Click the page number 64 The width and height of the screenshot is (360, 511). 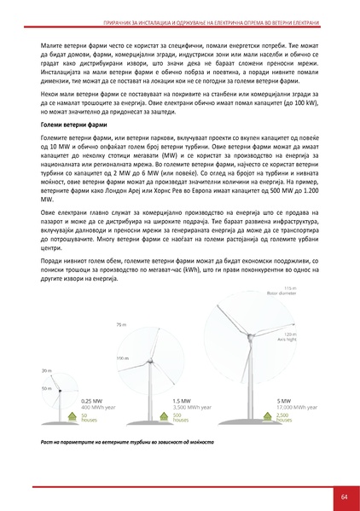point(343,496)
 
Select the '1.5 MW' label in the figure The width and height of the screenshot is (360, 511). point(180,400)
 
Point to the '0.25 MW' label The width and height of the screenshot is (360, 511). point(91,400)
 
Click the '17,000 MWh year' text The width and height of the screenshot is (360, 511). point(297,407)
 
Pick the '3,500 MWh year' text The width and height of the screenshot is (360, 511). point(192,407)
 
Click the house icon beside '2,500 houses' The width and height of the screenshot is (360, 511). point(270,417)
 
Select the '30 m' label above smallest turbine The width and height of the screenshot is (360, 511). point(45,370)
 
